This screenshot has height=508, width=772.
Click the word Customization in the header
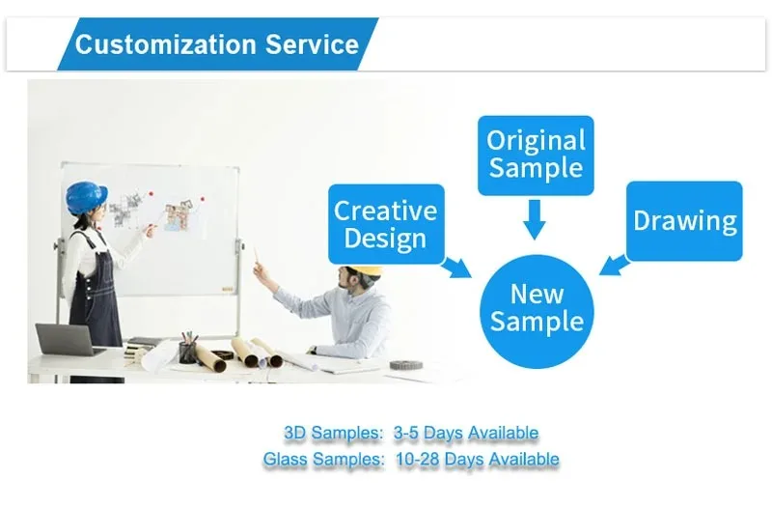pyautogui.click(x=165, y=44)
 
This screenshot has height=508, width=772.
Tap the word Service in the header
pyautogui.click(x=312, y=44)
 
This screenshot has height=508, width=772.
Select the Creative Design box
pyautogui.click(x=386, y=224)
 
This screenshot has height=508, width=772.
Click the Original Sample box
pyautogui.click(x=536, y=155)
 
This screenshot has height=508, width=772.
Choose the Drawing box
pyautogui.click(x=684, y=221)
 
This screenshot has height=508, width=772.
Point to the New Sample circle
pyautogui.click(x=537, y=311)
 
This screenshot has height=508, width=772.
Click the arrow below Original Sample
pyautogui.click(x=535, y=220)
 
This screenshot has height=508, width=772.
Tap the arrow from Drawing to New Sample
pyautogui.click(x=615, y=265)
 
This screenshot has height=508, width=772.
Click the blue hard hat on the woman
pyautogui.click(x=86, y=197)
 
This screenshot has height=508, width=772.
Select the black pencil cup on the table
pyautogui.click(x=187, y=353)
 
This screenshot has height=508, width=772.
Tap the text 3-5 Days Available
pyautogui.click(x=466, y=433)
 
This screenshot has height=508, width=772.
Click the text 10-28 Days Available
pyautogui.click(x=478, y=459)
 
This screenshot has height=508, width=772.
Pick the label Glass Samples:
pyautogui.click(x=323, y=459)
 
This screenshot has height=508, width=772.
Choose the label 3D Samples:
pyautogui.click(x=333, y=433)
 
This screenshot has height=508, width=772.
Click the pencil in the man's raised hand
pyautogui.click(x=256, y=255)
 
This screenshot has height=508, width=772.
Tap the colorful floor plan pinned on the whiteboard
pyautogui.click(x=178, y=215)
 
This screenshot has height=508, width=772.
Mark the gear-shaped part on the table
pyautogui.click(x=406, y=365)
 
